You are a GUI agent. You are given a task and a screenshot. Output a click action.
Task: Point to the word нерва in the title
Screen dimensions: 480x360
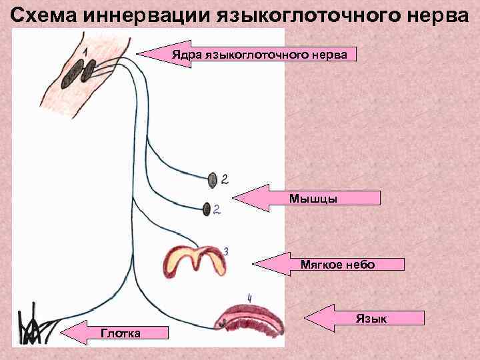[x=437, y=14]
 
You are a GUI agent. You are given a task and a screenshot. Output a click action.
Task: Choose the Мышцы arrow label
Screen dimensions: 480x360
[x=313, y=198]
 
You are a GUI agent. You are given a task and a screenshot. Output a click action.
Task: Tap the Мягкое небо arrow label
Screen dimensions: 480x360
[x=337, y=265]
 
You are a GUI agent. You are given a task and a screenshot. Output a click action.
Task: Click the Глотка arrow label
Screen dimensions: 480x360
[x=120, y=333]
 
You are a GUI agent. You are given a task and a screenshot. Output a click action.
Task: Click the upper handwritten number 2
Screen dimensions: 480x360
[x=225, y=179]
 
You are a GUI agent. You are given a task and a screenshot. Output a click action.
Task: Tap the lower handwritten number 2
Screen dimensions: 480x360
[x=217, y=209]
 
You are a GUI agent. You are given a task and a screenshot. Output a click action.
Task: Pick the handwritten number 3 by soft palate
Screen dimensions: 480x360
[x=226, y=251]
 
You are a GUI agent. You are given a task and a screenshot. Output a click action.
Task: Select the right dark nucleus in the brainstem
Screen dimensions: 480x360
[x=87, y=71]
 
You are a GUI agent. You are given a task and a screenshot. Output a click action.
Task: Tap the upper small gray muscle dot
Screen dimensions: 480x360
[x=212, y=179]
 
